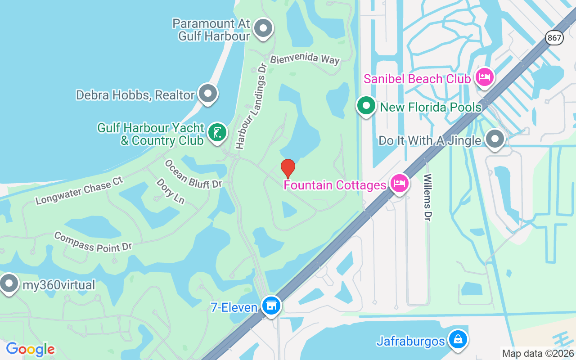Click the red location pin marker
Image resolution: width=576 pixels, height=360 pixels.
[288, 168]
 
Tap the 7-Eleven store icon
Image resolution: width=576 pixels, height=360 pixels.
[271, 306]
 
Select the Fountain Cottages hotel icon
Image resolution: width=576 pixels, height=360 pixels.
[399, 183]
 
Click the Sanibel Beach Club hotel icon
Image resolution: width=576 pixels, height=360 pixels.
[484, 77]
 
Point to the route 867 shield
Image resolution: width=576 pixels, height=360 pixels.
[555, 38]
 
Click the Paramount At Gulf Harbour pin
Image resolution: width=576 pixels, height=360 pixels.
[263, 29]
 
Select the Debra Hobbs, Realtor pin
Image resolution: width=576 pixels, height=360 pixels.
[207, 94]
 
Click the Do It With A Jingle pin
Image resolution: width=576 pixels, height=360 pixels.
[495, 139]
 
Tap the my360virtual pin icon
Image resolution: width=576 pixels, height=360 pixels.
[9, 284]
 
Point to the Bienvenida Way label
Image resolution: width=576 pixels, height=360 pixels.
[305, 59]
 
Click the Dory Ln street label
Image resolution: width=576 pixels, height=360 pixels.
[171, 191]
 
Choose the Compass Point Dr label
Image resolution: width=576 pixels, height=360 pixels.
[93, 242]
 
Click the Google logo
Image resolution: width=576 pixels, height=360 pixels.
[30, 349]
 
